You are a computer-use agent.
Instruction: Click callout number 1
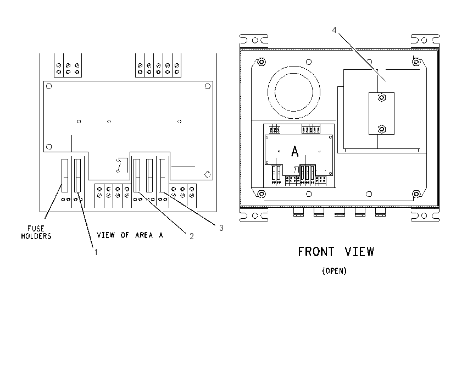coord(96,252)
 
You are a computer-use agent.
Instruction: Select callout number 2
coord(192,236)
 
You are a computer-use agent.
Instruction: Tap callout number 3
coord(221,228)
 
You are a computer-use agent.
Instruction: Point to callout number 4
coord(334,30)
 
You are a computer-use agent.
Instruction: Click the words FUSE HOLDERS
coord(36,233)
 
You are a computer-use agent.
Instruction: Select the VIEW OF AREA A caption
coord(130,235)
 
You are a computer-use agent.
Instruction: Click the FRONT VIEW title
coord(336,252)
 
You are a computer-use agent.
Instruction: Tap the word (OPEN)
coord(335,271)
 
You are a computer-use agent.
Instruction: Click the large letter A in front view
coord(294,152)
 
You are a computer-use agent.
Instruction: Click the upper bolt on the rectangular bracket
coord(381,98)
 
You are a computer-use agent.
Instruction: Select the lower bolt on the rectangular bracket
coord(381,129)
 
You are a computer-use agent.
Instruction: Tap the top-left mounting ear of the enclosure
coord(254,40)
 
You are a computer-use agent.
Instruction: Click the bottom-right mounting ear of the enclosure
coord(425,215)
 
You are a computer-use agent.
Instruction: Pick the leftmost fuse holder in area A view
coord(65,175)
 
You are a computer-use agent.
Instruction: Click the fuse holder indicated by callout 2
coord(137,175)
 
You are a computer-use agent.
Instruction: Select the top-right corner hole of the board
coord(208,86)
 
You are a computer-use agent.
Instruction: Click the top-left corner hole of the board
coord(49,86)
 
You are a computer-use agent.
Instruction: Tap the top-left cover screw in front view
coord(262,62)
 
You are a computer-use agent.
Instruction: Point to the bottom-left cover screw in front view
coord(262,194)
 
